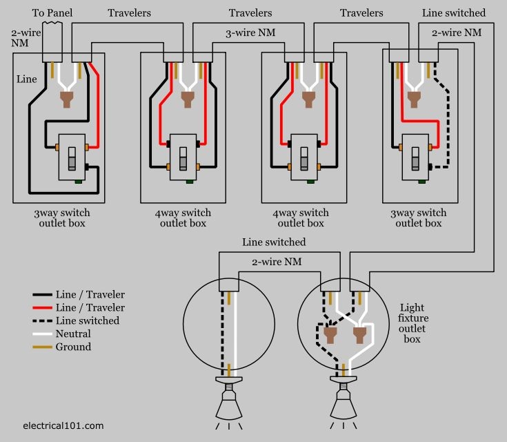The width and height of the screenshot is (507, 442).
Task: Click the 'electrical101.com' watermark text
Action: pos(63,425)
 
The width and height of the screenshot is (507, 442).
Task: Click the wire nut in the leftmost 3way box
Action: pos(67,100)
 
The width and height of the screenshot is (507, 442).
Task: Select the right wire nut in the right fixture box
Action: pos(358,336)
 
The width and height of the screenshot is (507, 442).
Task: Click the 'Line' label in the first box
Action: pos(26,79)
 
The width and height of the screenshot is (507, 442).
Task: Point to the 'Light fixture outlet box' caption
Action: pos(414,323)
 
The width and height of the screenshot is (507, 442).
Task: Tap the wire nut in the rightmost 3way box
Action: pos(413,100)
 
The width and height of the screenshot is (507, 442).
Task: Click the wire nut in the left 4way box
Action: pos(187,100)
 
